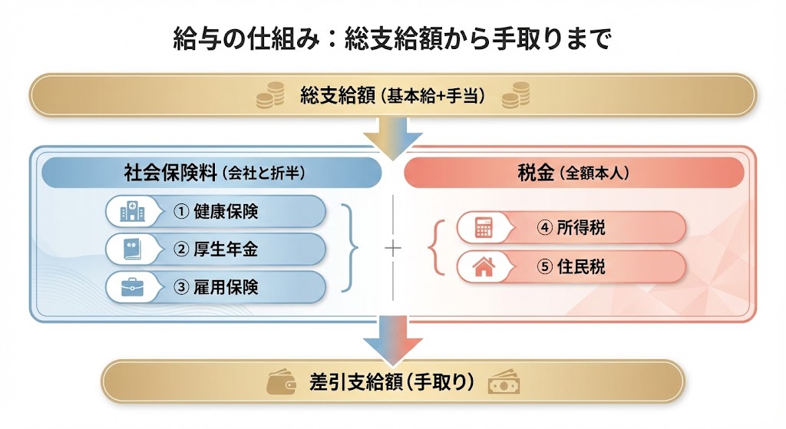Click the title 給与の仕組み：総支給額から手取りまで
(392, 38)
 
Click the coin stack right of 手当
(518, 94)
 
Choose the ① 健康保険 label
(216, 211)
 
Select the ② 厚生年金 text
(216, 249)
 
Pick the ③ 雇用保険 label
(216, 287)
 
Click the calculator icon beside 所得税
(484, 228)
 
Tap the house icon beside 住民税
(484, 267)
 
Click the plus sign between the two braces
(392, 248)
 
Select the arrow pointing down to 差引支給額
(392, 338)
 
